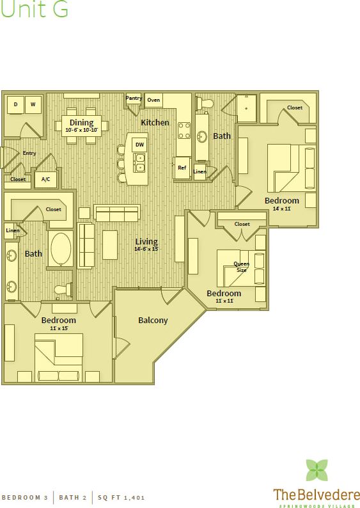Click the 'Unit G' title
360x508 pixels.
(35, 10)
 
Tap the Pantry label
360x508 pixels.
(134, 99)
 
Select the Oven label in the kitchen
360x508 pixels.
(153, 100)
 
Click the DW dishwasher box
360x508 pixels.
(139, 145)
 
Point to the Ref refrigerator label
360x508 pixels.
(182, 168)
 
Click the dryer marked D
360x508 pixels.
(15, 104)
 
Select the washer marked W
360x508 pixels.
(33, 104)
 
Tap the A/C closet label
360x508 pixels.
(46, 180)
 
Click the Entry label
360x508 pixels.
(29, 153)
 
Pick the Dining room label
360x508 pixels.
(81, 122)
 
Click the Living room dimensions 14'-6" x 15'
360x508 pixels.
(146, 249)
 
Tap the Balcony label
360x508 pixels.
(153, 321)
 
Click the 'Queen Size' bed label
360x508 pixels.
(241, 267)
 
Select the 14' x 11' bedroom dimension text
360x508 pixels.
(282, 209)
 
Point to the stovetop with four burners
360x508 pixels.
(184, 131)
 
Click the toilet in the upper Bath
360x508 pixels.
(207, 103)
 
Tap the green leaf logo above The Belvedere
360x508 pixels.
(316, 470)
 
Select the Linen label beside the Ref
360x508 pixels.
(200, 171)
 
